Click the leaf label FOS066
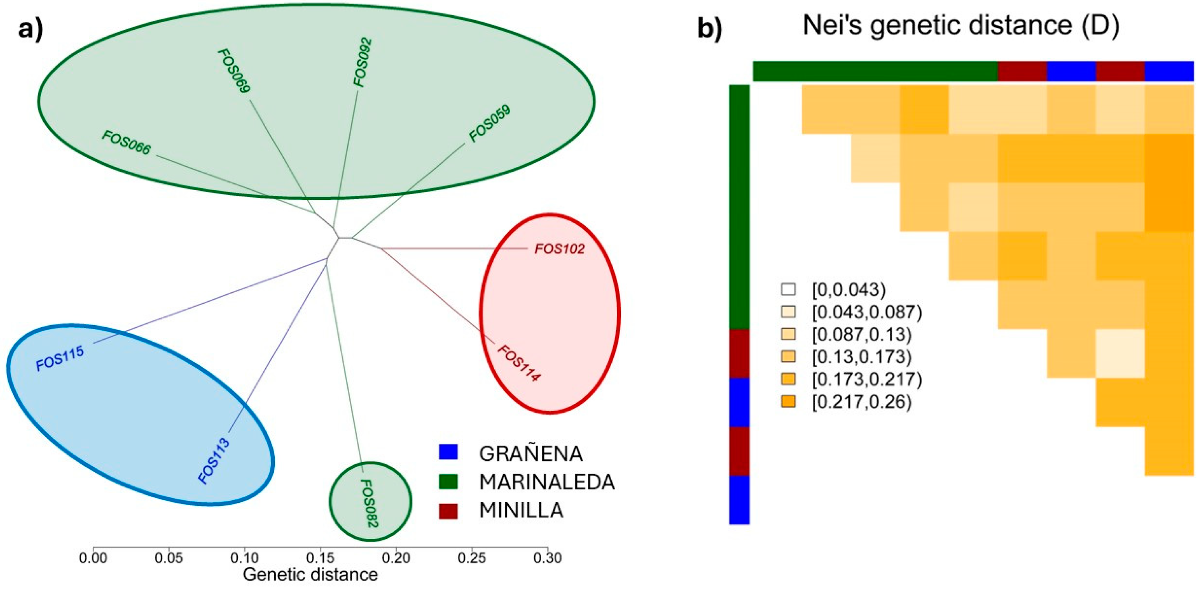click(x=126, y=143)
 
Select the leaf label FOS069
click(x=234, y=71)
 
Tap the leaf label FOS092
click(x=363, y=62)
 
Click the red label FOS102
click(x=559, y=249)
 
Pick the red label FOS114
click(x=519, y=364)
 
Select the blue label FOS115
click(x=60, y=358)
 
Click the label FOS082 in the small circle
click(x=370, y=503)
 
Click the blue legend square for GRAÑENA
click(x=448, y=452)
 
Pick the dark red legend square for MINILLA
click(x=448, y=511)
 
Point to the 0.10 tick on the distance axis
click(x=244, y=557)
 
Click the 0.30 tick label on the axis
click(x=547, y=557)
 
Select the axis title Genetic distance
click(x=310, y=574)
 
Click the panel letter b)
click(x=710, y=29)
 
